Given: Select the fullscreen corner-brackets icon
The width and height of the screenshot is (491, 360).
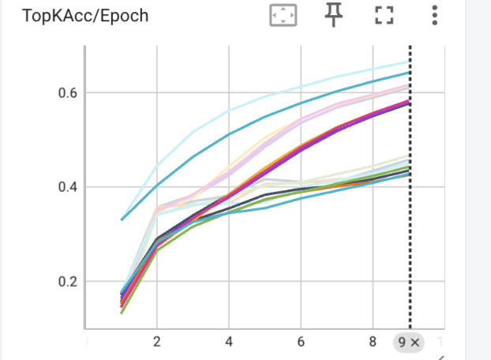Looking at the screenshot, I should pos(384,15).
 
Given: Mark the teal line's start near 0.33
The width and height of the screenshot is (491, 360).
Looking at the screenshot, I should pos(122,219).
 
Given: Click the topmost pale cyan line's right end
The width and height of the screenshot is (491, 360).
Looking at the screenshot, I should pos(409,62).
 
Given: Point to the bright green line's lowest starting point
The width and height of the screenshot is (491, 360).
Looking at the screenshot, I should pos(122,313).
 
